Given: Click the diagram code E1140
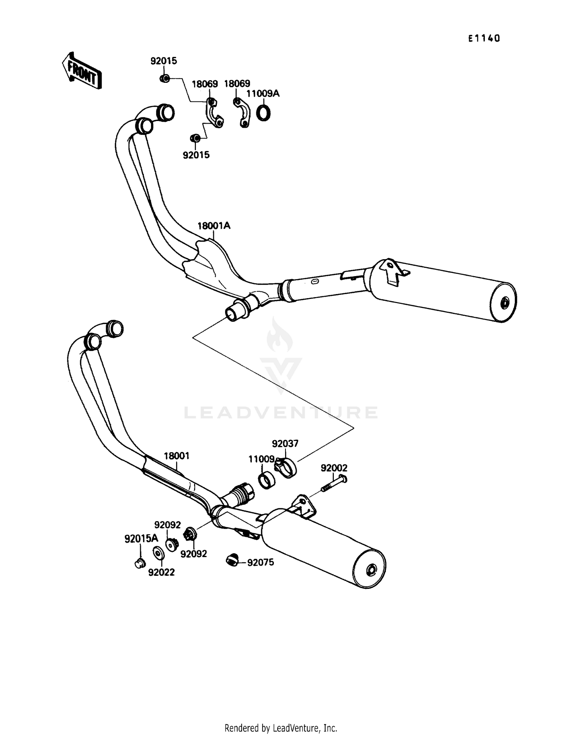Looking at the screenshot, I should (x=484, y=38).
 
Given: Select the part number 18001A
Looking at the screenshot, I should (x=214, y=226).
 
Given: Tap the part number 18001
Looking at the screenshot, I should (x=176, y=456).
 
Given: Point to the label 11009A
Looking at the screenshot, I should (x=263, y=93).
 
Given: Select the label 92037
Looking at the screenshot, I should (x=285, y=444).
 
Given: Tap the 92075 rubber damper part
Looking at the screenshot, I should (x=232, y=560).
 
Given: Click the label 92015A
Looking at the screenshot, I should (x=141, y=539).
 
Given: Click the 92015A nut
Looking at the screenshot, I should (x=140, y=563).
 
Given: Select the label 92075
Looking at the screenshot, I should (x=260, y=562).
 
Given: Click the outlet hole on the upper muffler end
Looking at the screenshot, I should (x=505, y=302).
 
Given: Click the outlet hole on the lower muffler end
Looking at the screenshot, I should (x=372, y=570).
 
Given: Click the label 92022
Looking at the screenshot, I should (x=161, y=572).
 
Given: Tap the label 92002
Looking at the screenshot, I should (x=334, y=468).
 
